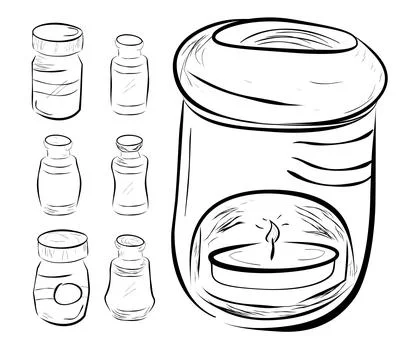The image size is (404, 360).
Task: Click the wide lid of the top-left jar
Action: (57, 41)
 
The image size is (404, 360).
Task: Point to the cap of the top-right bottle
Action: (128, 46)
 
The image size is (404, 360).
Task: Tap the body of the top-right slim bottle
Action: (128, 85)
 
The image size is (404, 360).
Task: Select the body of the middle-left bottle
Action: (58, 184)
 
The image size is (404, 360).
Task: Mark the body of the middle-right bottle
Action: (129, 184)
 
